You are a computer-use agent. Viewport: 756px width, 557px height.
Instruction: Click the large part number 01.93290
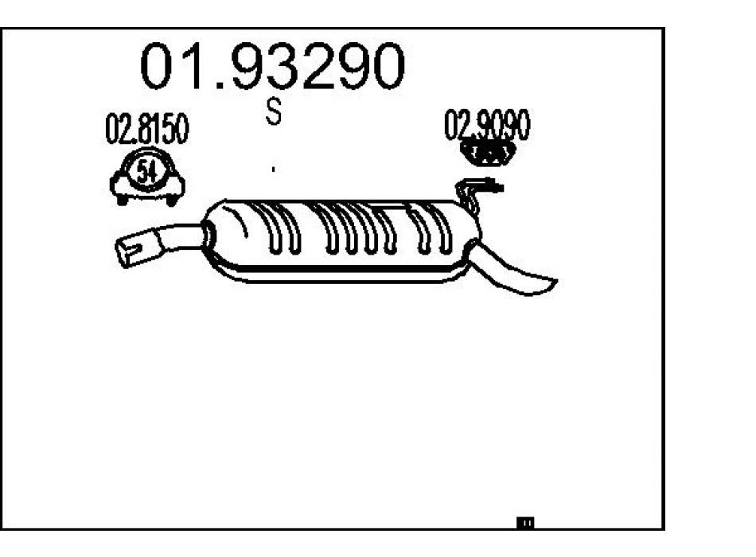point(272,66)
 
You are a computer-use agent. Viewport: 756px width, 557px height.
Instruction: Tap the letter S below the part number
point(274,111)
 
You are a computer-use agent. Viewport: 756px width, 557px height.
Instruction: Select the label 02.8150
point(147,129)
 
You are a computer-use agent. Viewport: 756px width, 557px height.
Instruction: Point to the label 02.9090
point(487,125)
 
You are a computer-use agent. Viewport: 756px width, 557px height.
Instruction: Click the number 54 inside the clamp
point(147,171)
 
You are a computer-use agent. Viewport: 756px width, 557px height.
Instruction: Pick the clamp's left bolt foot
point(122,200)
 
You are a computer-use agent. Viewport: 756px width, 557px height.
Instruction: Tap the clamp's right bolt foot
point(172,201)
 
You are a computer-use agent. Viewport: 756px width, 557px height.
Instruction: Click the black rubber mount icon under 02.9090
point(488,154)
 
